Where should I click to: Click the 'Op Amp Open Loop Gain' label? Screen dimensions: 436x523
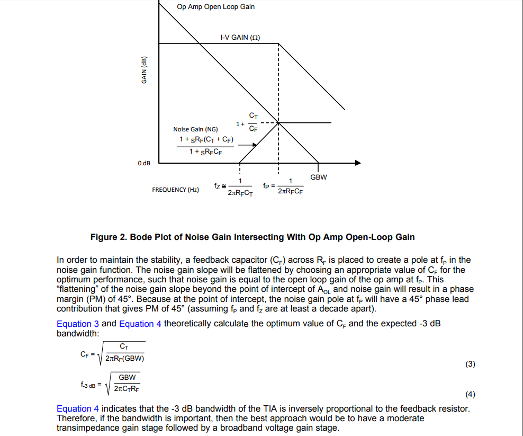[215, 7]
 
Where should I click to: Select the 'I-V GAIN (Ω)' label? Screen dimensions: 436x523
[240, 38]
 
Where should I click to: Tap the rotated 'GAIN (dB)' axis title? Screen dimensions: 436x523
[144, 70]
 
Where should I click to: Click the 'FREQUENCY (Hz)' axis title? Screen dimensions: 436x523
[175, 190]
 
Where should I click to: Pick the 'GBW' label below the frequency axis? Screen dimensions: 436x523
[319, 177]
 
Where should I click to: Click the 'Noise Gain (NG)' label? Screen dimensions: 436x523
[195, 129]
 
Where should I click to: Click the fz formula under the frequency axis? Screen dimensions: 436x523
[233, 188]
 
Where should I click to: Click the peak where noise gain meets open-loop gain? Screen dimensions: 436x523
[279, 123]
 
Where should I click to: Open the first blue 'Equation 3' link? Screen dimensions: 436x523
[78, 324]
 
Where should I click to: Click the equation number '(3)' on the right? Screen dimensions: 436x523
[470, 364]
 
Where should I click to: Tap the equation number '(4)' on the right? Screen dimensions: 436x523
[470, 394]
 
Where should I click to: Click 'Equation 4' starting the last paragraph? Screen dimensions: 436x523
[78, 408]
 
